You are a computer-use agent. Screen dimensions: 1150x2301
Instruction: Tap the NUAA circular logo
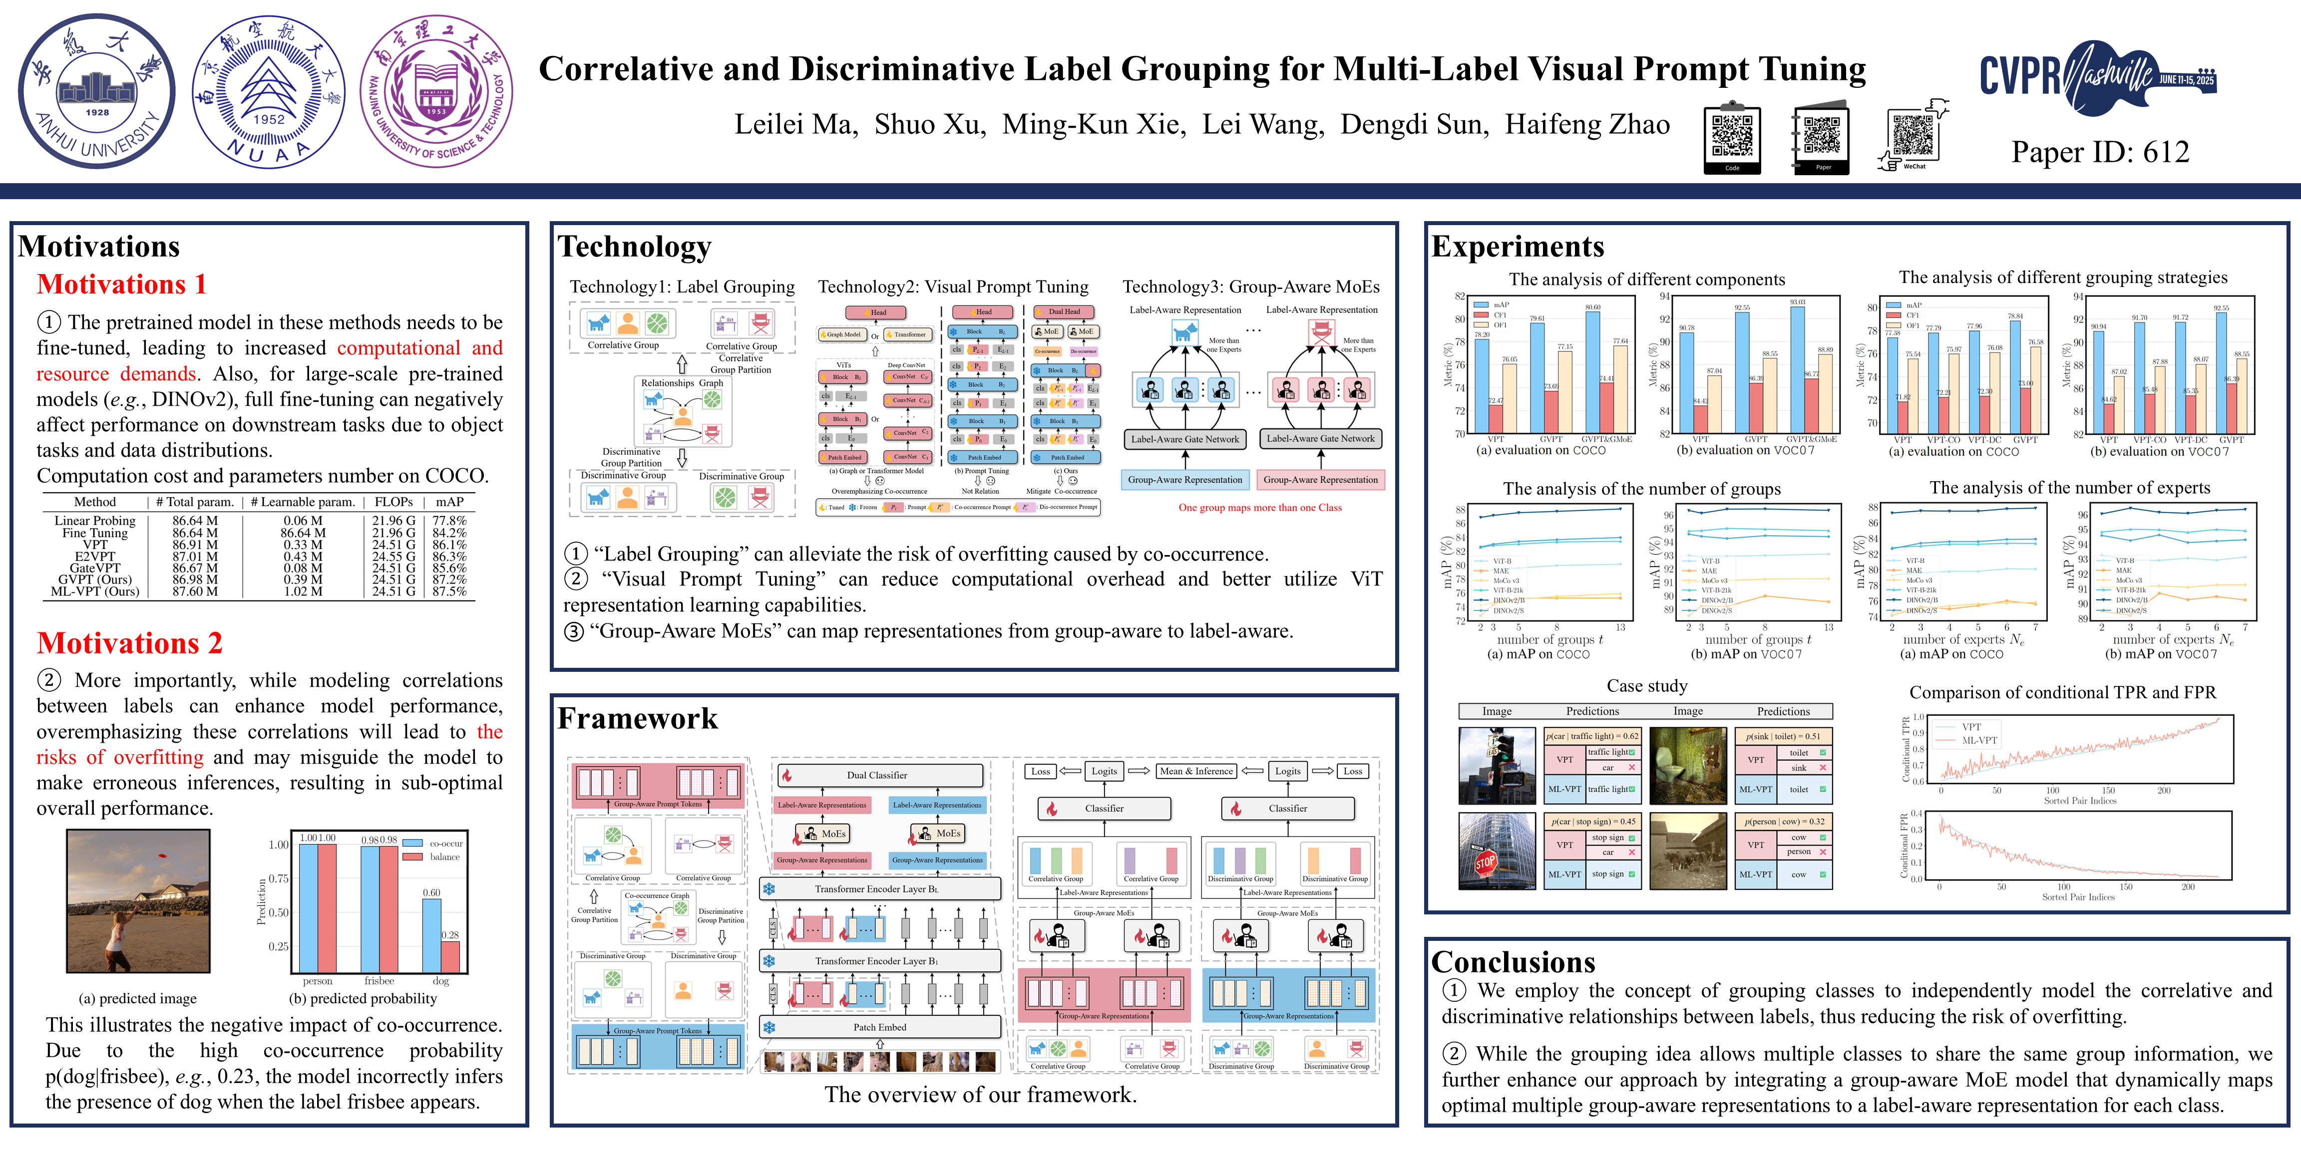click(268, 91)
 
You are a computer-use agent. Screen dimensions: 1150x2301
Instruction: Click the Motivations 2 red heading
click(129, 643)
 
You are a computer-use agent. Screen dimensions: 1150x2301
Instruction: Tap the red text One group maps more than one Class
click(1259, 507)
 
